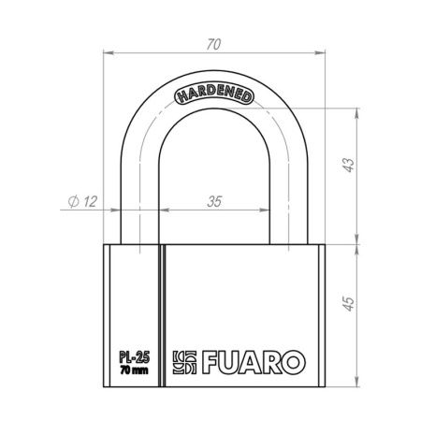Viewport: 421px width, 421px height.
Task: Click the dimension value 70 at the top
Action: click(x=213, y=45)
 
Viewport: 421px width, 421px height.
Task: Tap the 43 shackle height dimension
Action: click(x=349, y=165)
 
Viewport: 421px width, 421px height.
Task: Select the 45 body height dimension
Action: click(x=349, y=303)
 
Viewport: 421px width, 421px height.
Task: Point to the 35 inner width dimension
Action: click(x=214, y=202)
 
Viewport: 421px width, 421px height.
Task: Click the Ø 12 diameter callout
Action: click(x=82, y=201)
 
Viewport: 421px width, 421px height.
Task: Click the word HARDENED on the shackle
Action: click(x=214, y=94)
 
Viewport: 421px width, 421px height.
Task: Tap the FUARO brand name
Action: click(x=254, y=362)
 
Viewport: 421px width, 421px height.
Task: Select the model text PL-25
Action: click(x=135, y=357)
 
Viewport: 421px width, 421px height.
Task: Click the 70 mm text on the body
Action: click(x=135, y=370)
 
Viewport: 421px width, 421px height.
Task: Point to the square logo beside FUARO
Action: click(x=184, y=362)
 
